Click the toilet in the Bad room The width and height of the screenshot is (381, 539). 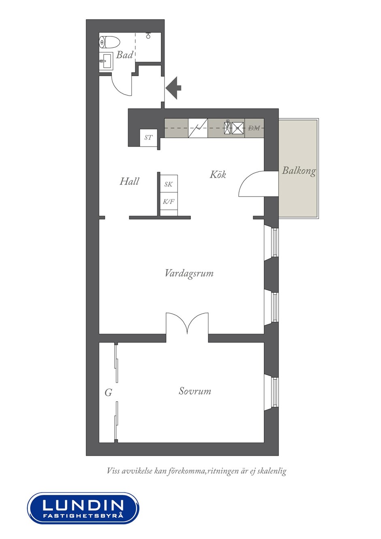click(109, 42)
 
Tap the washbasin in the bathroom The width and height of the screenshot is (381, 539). click(106, 61)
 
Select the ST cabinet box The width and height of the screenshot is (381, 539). click(148, 138)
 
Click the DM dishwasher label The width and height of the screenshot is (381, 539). click(254, 128)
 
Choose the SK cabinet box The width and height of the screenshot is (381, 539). click(169, 184)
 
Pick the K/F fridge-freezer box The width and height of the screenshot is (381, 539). click(169, 201)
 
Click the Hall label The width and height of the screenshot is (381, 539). click(129, 181)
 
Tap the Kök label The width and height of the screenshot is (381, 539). click(218, 174)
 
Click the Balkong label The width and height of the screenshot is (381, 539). click(299, 171)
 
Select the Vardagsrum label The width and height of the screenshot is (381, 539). click(189, 273)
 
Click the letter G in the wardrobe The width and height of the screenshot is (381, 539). click(108, 393)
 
